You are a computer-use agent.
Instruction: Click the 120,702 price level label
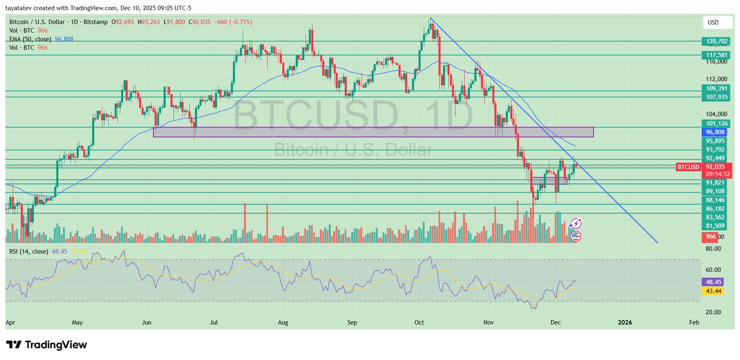(x=717, y=41)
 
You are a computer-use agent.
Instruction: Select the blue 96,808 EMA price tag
(x=715, y=132)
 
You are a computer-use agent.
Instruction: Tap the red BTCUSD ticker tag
(x=688, y=167)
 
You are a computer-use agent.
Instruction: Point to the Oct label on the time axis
(x=419, y=322)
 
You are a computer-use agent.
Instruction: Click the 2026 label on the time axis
(x=625, y=322)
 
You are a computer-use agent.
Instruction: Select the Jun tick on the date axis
(x=146, y=322)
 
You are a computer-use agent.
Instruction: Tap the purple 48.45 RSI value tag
(x=713, y=282)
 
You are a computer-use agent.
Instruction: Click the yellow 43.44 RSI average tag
(x=713, y=291)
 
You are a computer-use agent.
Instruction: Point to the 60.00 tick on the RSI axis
(x=713, y=270)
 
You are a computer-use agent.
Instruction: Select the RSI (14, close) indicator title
(x=29, y=252)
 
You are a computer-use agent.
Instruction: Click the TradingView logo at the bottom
(x=47, y=345)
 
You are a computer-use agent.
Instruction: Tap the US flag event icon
(x=576, y=236)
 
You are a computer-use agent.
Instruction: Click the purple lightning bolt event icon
(x=576, y=223)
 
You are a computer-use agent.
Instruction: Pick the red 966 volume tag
(x=711, y=236)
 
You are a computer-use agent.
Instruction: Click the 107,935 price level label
(x=717, y=97)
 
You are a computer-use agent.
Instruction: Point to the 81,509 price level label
(x=715, y=226)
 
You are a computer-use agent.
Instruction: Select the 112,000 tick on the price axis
(x=716, y=79)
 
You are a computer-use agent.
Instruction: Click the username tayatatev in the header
(x=20, y=8)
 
